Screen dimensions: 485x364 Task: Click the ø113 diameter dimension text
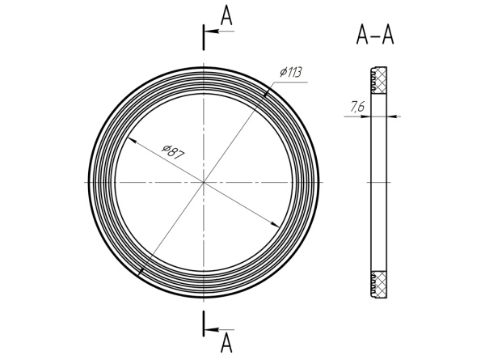tap(291, 72)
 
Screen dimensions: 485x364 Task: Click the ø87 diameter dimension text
tap(174, 151)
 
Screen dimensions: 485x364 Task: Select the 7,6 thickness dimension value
tap(357, 107)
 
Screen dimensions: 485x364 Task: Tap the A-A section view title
tap(375, 35)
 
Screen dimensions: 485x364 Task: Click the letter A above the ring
tap(226, 16)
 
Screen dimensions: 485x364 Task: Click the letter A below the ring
tap(226, 343)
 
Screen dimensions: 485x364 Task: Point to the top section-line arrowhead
tap(212, 32)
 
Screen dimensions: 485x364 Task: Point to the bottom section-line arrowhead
tap(212, 330)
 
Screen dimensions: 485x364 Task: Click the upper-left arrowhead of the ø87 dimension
tap(132, 140)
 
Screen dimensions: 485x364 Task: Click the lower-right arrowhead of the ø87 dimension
tap(275, 224)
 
